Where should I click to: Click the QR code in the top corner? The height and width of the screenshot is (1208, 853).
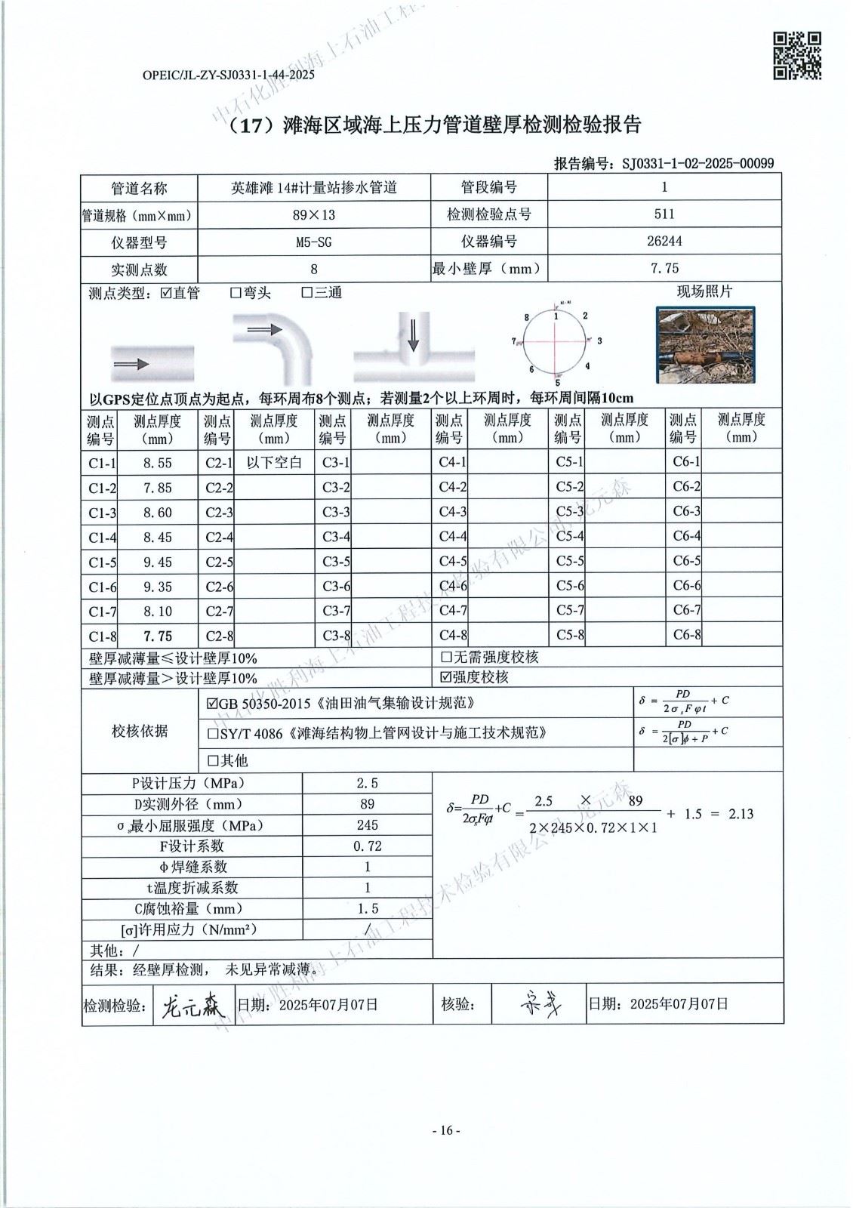(798, 55)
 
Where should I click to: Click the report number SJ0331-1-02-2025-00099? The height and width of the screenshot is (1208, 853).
(697, 163)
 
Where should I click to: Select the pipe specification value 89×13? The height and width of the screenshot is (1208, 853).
(313, 214)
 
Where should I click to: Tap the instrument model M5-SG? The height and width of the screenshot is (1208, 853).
(313, 242)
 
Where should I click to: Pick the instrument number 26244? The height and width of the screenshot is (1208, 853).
(664, 242)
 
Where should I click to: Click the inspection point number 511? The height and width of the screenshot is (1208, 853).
(664, 214)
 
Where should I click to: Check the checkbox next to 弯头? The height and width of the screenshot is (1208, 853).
(236, 293)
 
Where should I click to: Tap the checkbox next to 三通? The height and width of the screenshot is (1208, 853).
(307, 293)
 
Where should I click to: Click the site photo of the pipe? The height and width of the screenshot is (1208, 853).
(706, 345)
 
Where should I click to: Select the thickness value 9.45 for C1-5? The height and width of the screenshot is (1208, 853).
(158, 562)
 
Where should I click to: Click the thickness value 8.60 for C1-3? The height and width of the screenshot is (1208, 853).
(158, 513)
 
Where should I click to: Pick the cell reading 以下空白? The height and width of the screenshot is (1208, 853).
(274, 463)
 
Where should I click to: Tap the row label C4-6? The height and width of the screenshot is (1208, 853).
(452, 587)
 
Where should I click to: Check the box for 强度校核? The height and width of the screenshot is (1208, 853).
(446, 677)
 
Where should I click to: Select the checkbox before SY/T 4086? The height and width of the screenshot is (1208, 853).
(213, 733)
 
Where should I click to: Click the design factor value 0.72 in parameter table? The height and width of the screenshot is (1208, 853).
(368, 846)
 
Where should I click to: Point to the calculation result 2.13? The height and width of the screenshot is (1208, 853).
(741, 814)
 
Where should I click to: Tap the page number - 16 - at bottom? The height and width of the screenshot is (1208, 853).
(445, 1130)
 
